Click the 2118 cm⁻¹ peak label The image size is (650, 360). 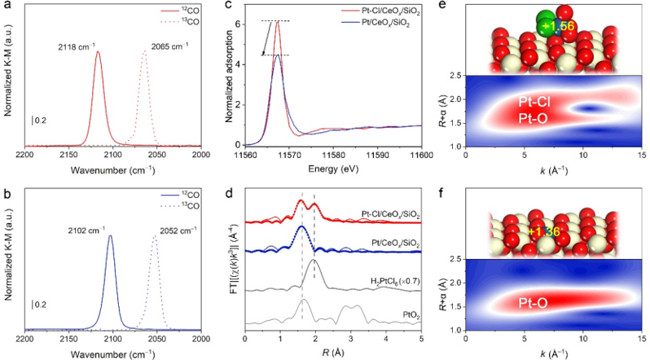click(x=74, y=47)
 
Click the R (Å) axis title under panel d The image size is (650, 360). click(x=333, y=352)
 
